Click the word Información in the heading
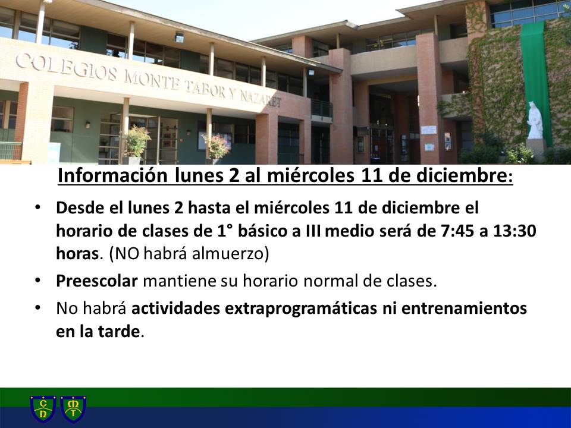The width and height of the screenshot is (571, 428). pyautogui.click(x=112, y=175)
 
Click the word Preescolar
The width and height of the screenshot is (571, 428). pyautogui.click(x=97, y=281)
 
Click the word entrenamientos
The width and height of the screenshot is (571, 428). pyautogui.click(x=465, y=309)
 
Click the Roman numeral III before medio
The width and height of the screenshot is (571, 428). pyautogui.click(x=313, y=231)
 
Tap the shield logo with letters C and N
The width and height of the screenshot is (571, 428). pyautogui.click(x=43, y=409)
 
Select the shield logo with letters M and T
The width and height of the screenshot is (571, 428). pyautogui.click(x=73, y=409)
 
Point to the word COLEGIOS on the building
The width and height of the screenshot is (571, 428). pyautogui.click(x=67, y=67)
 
